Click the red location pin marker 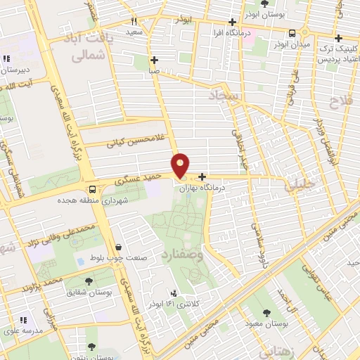point(181,165)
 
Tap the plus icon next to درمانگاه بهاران point(202,177)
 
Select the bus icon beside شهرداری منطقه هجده point(93,189)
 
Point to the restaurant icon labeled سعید point(134,21)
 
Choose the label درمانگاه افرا point(229,32)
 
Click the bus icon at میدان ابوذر point(292,32)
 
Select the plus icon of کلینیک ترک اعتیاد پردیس point(339,38)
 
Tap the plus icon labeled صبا point(154,60)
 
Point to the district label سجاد point(225,95)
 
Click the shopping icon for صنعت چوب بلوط point(117,247)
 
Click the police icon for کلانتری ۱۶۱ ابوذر point(174,292)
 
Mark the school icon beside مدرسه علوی point(22,321)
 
